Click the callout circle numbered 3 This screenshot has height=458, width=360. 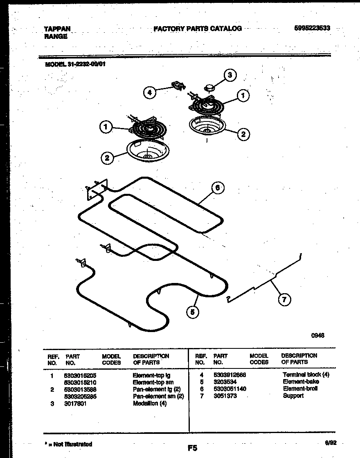pos(230,75)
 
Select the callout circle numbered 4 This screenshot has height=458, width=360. pos(150,93)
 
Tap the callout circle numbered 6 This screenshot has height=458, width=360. pos(218,188)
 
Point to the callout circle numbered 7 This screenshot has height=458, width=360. pos(284,299)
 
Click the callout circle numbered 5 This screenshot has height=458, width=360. pos(192,312)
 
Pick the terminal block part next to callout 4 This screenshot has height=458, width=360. pos(177,86)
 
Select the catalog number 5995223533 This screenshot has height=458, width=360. pos(312,28)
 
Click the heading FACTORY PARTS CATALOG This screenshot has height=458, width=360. pos(198,29)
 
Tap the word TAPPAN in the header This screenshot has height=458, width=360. pos(57,29)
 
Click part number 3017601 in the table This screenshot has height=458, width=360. pos(75,404)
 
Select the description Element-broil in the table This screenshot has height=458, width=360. pos(300,388)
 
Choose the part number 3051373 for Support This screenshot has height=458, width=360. pos(225,396)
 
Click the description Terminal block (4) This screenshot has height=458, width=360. pos(306,375)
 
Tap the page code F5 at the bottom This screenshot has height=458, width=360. pos(192,448)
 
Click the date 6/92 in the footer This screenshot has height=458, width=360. pos(331,442)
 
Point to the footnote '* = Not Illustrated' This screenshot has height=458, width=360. pos(68,444)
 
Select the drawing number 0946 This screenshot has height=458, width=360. pos(317,335)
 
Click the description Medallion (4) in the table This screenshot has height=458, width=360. pos(150,404)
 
